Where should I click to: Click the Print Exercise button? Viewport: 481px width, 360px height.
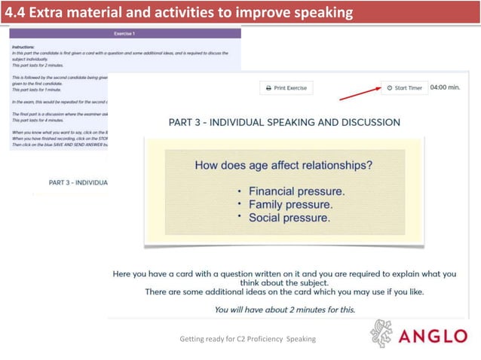pos(286,88)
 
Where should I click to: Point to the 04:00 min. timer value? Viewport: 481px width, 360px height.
pos(444,87)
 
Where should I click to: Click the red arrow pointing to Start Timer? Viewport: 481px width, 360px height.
pos(359,93)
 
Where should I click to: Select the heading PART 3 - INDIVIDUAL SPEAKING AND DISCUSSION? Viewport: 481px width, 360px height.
pos(284,122)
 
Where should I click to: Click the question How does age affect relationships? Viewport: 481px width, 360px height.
pos(284,165)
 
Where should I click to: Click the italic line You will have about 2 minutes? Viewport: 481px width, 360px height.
pos(284,310)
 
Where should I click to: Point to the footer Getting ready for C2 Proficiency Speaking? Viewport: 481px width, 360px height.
pos(247,339)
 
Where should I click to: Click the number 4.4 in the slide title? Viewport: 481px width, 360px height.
pos(15,12)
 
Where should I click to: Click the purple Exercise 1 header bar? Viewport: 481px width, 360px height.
pos(124,34)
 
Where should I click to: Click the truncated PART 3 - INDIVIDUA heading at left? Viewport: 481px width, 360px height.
pos(78,182)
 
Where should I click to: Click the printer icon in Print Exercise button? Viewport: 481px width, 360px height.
pos(268,88)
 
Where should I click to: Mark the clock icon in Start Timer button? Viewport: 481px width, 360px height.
pos(389,88)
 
